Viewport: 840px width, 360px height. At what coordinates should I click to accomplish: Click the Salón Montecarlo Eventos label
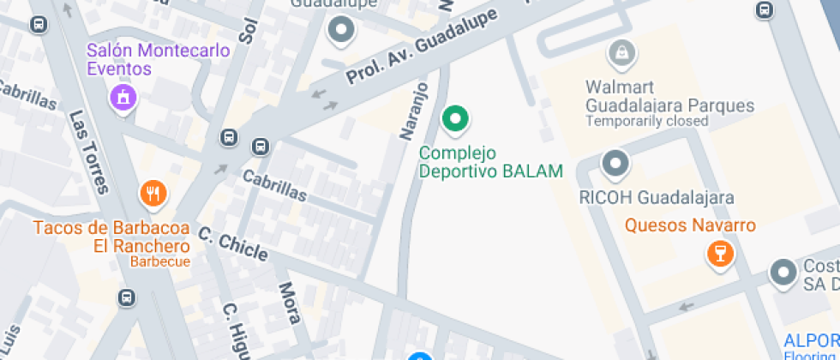click(159, 59)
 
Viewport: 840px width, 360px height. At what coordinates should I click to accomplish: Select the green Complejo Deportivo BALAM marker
click(455, 119)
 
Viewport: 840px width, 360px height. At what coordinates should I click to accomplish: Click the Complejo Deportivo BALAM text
click(490, 162)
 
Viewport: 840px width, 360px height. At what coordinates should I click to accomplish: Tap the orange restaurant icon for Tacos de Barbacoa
click(153, 194)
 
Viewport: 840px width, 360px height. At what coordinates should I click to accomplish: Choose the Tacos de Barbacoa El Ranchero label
click(111, 237)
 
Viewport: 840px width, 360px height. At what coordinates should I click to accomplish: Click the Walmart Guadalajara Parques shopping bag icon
click(618, 53)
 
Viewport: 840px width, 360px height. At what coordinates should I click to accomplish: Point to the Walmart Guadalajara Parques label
click(669, 97)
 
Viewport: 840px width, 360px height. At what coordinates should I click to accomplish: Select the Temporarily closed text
click(646, 122)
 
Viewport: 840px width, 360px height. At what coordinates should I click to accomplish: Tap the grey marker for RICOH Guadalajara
click(615, 162)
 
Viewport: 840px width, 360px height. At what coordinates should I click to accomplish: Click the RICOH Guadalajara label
click(657, 198)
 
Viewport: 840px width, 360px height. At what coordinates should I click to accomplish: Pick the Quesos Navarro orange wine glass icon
click(718, 253)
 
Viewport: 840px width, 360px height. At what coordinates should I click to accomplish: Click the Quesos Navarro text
click(690, 225)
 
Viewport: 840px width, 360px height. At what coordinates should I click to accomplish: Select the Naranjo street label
click(413, 111)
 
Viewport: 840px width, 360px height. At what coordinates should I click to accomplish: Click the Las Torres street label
click(88, 152)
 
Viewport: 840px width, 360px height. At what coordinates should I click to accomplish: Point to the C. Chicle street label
click(233, 244)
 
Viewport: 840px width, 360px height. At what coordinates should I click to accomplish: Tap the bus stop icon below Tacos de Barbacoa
click(126, 297)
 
